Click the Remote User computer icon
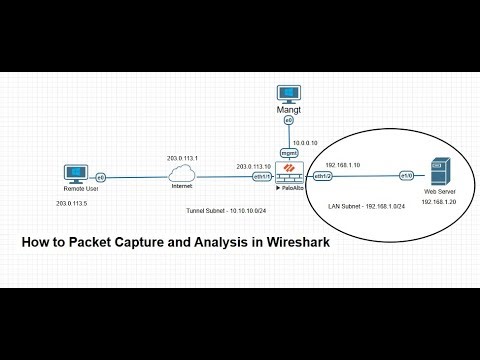[x=74, y=174]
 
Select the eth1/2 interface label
[x=322, y=177]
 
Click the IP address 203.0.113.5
[x=74, y=203]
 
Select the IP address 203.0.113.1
[x=183, y=158]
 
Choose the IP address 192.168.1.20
[x=438, y=201]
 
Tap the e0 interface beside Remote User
[x=101, y=177]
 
